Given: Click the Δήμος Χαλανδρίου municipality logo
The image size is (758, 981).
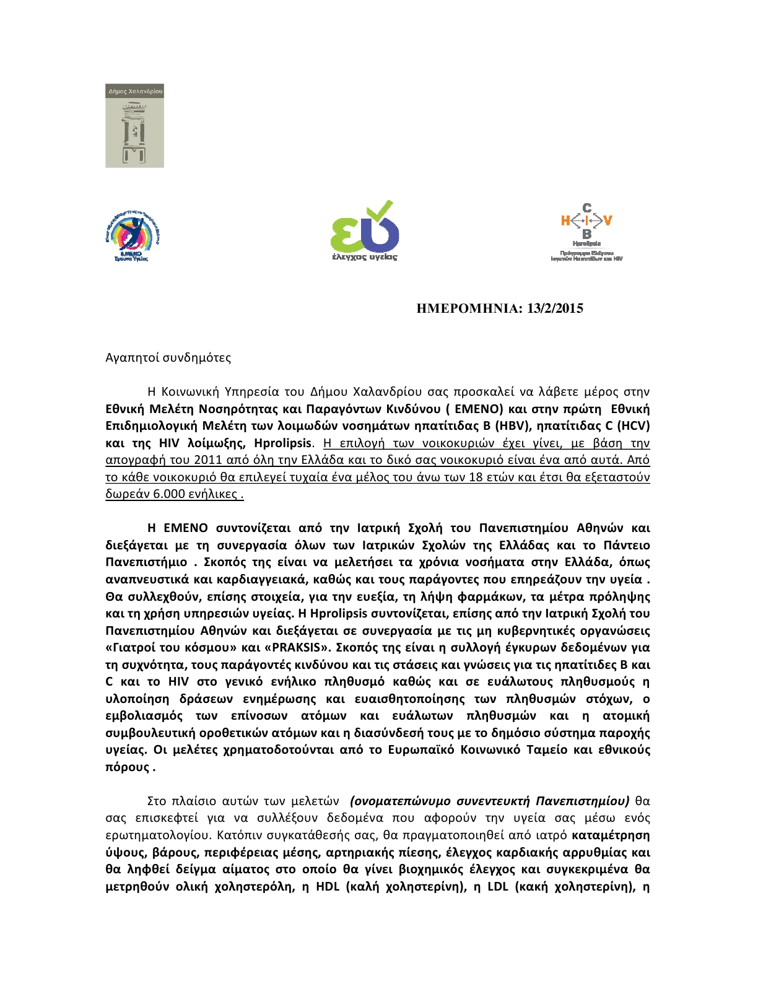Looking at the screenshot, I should pos(134,126).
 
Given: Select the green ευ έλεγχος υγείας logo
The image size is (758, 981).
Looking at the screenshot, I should pos(364,230).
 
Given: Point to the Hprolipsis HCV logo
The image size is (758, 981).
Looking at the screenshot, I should pos(586,232).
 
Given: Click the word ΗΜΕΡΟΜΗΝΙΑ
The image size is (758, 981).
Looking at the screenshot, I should pos(469,308).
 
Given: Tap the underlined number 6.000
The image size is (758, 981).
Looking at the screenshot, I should pos(167,494).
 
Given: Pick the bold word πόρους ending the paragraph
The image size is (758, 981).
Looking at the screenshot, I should pos(128,767).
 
